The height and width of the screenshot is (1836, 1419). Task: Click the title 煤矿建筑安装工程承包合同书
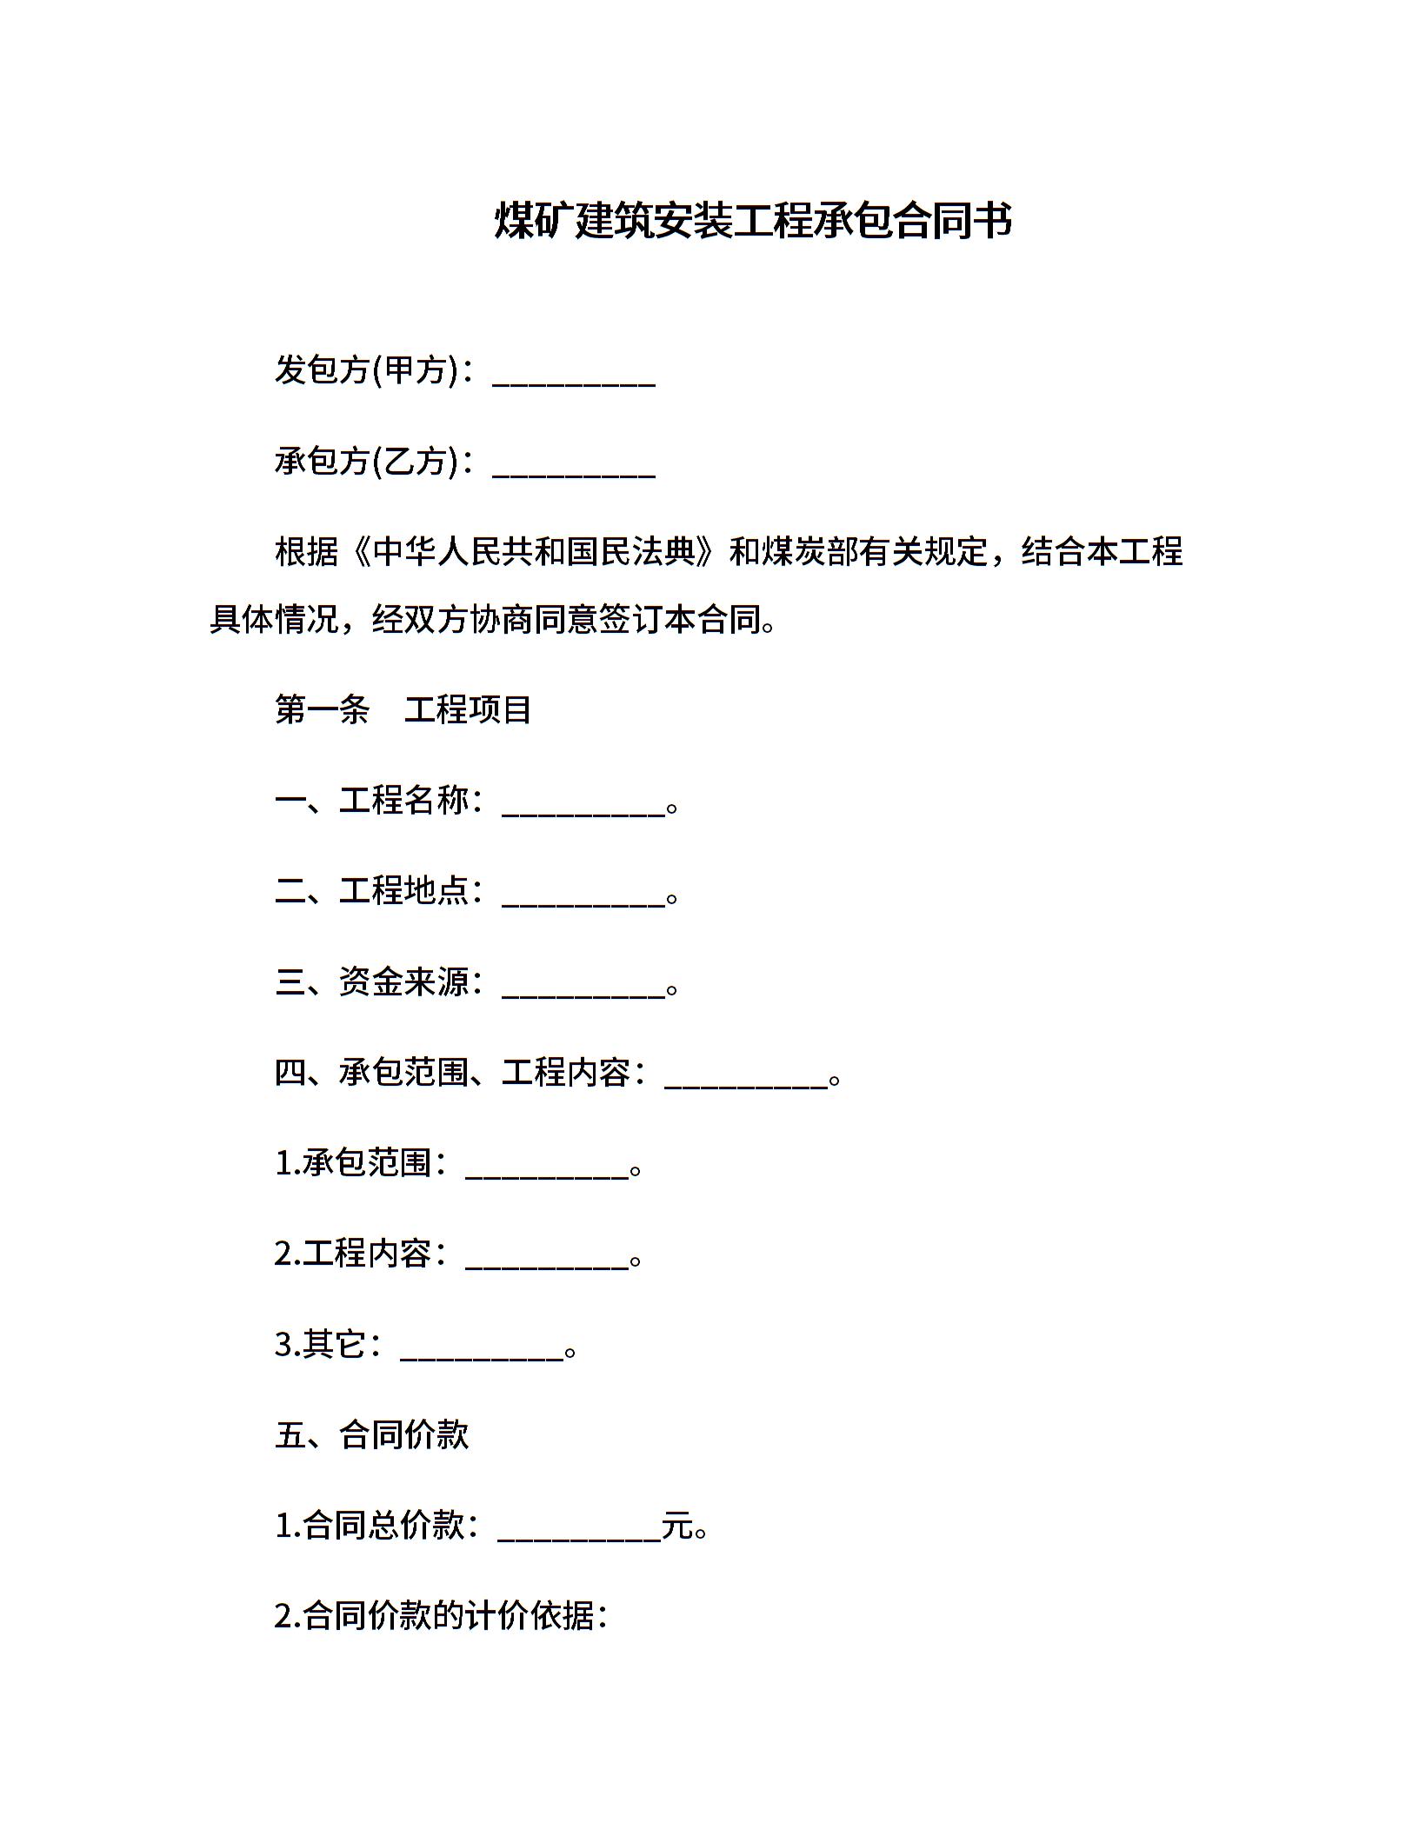(x=753, y=220)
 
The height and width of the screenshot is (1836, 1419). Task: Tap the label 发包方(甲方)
(x=366, y=370)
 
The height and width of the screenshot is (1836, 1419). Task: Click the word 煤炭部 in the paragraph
(x=794, y=552)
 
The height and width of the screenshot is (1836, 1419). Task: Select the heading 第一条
(x=323, y=710)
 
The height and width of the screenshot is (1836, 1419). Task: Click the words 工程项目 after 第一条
(x=468, y=710)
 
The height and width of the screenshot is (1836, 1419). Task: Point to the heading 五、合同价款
(x=371, y=1435)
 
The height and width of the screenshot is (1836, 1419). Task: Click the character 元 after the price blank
(x=677, y=1527)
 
